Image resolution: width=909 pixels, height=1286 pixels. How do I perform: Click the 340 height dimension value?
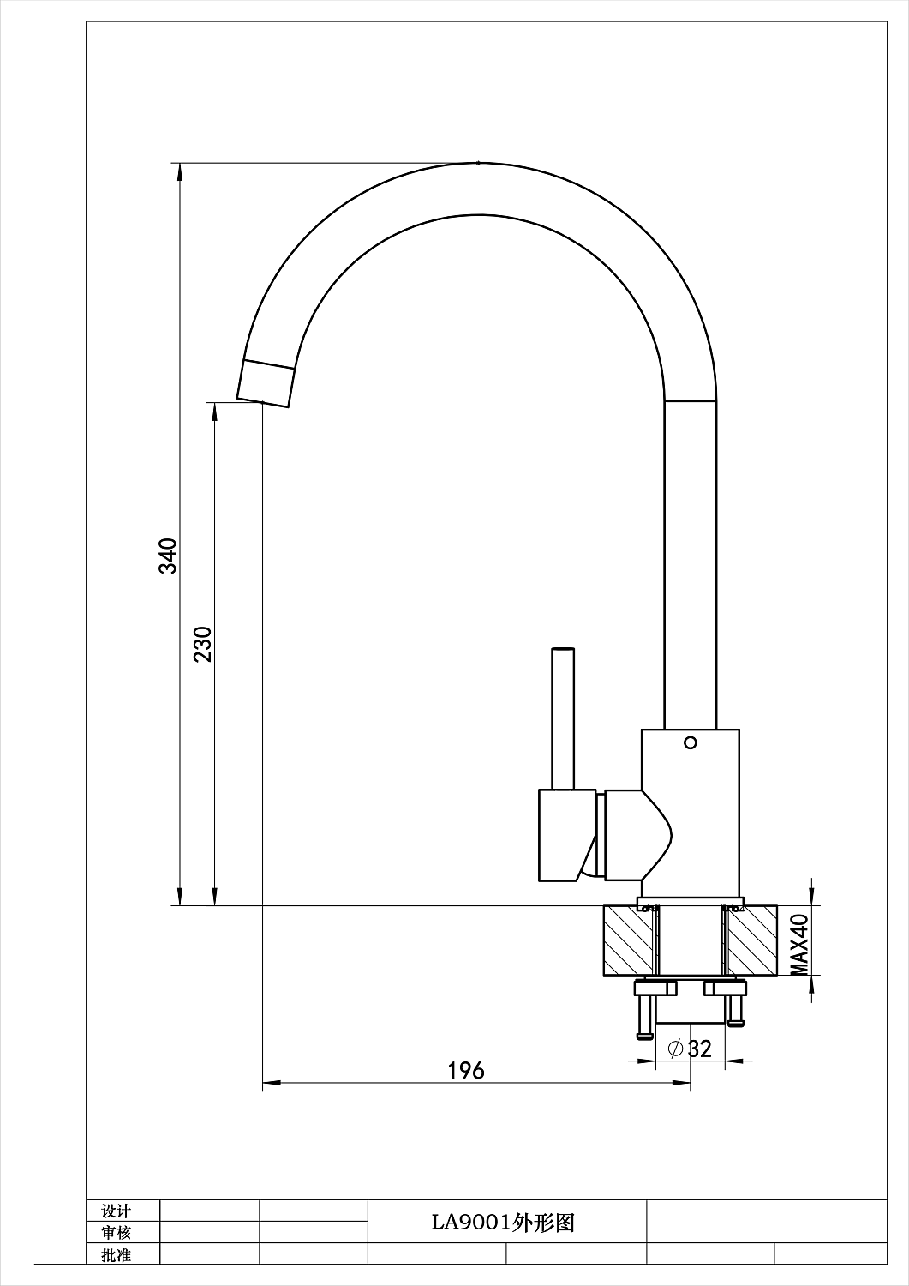pos(169,556)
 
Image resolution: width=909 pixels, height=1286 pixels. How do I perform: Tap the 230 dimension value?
pos(203,644)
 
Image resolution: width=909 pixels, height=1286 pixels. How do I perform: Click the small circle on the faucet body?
pos(691,743)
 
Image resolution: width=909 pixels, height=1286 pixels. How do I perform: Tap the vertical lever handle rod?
pos(563,718)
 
